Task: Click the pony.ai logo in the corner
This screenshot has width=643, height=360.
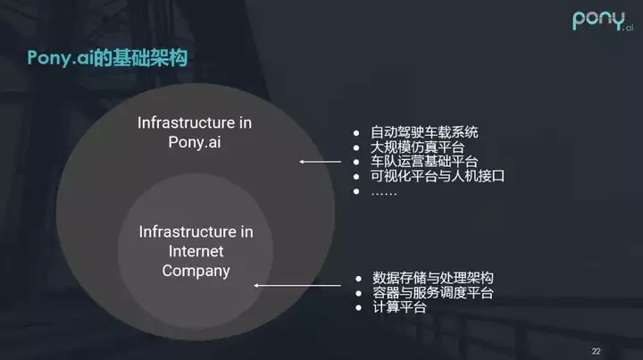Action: pos(603,21)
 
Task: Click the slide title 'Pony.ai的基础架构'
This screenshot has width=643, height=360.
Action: pos(107,58)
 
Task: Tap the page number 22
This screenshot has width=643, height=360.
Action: pos(596,351)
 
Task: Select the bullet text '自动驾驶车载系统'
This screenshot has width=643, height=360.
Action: pos(424,132)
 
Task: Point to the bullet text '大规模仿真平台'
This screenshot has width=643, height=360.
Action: pos(417,147)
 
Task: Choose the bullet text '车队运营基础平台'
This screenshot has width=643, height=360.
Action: pos(424,162)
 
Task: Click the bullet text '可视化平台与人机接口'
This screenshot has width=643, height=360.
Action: pos(438,176)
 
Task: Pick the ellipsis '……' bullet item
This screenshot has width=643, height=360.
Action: pos(384,193)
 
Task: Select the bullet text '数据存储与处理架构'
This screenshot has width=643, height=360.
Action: pos(432,278)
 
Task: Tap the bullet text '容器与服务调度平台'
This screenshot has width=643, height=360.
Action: pos(432,293)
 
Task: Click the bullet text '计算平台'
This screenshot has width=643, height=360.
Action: pos(399,307)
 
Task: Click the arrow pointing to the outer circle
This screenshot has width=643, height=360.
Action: pos(321,162)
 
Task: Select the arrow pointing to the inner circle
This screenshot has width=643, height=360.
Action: pos(297,285)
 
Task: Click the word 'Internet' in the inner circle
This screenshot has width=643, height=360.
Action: pos(196,251)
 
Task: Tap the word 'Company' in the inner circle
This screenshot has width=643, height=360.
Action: pos(196,272)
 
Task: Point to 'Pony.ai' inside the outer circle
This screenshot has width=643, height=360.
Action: pos(195,143)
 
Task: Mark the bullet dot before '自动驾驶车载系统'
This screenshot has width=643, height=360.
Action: pos(356,133)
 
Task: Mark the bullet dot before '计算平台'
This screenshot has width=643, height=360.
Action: pos(359,307)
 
